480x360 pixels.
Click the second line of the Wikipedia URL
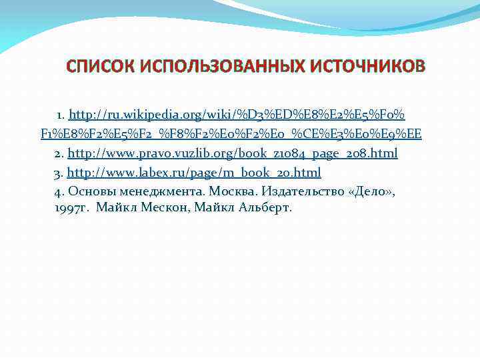point(231,134)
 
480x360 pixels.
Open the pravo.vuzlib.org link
point(233,153)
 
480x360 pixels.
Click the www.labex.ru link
point(194,173)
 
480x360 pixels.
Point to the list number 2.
point(58,153)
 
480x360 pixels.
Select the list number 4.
point(58,192)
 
